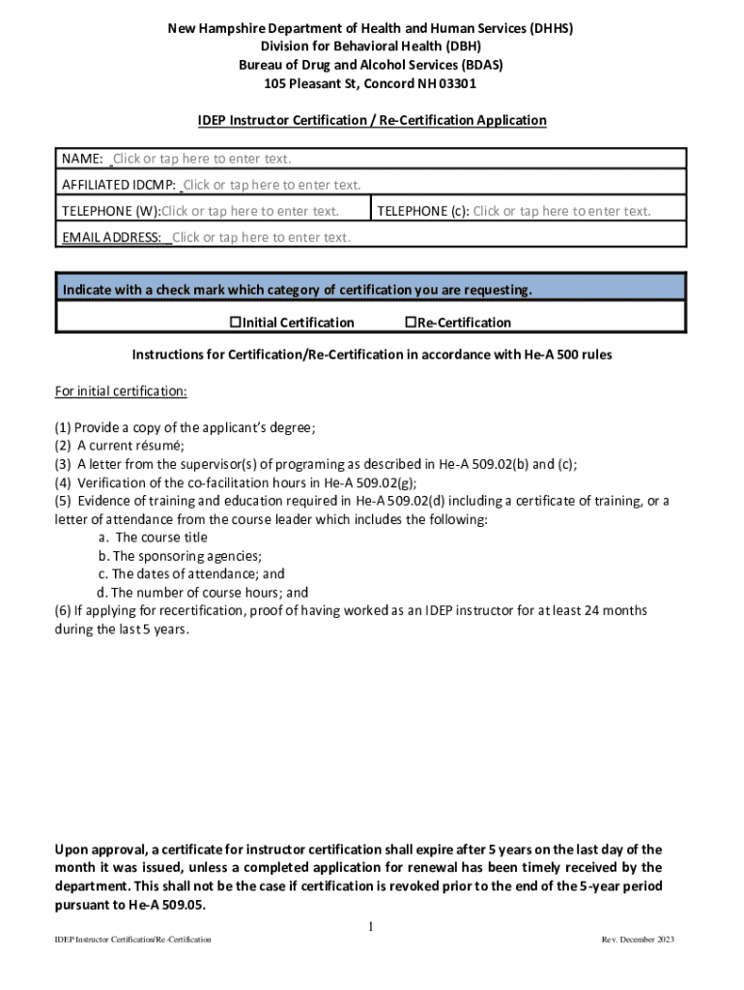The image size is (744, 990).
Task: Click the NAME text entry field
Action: click(x=202, y=159)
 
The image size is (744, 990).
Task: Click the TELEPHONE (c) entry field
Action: click(x=561, y=211)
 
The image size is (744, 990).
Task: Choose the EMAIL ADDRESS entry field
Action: click(x=261, y=237)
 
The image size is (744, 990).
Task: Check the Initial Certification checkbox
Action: click(x=234, y=322)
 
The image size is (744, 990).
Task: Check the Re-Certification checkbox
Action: click(x=410, y=322)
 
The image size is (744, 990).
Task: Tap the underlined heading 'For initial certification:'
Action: click(x=121, y=392)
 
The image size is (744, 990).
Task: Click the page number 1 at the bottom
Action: click(x=370, y=927)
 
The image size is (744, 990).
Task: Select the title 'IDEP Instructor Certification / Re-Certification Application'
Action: click(x=372, y=120)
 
